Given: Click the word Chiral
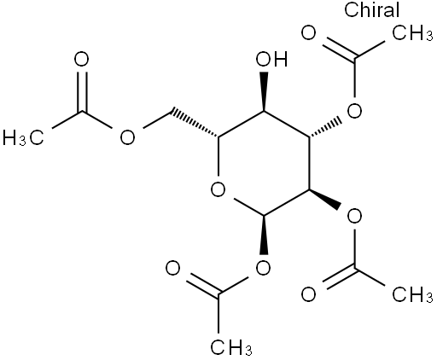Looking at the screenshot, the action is click(x=371, y=9).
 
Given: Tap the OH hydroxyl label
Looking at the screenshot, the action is click(x=271, y=60).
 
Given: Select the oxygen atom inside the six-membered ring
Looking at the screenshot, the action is click(x=218, y=189).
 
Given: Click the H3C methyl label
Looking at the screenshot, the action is click(x=23, y=138).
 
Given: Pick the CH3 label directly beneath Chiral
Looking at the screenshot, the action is click(x=412, y=33).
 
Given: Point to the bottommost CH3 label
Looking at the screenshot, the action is click(x=231, y=347).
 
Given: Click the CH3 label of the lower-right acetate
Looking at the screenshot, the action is click(x=412, y=294).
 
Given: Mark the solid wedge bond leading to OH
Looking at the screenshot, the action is click(x=264, y=91).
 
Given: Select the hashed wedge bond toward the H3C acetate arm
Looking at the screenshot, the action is click(x=194, y=122).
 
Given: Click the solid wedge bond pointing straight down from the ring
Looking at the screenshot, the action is click(x=264, y=235).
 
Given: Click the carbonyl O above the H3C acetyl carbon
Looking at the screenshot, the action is click(x=81, y=60).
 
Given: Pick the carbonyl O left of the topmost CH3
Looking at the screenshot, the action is click(x=309, y=33).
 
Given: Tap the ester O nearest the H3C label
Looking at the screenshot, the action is click(x=127, y=138).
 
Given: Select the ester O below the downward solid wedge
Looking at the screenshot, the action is click(x=263, y=268).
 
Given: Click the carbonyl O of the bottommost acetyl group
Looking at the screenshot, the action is click(x=172, y=269).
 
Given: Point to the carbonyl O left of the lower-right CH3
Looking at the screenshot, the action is click(x=309, y=294).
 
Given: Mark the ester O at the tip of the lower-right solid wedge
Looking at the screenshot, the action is click(x=354, y=217).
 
